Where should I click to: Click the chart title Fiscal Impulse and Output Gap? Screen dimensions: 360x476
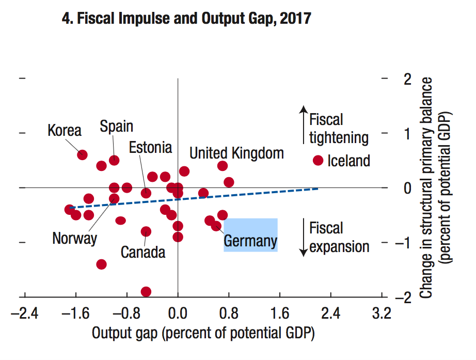[186, 19]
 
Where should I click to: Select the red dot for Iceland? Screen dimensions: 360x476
[318, 160]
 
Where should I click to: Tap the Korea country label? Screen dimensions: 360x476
[65, 130]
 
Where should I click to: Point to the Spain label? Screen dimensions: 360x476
[117, 126]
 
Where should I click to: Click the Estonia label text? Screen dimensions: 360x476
[150, 147]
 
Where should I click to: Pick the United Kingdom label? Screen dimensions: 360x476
[236, 153]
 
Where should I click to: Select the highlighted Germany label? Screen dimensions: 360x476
[250, 241]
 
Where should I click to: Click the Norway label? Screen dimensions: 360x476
[74, 238]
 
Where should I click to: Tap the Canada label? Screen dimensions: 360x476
[143, 252]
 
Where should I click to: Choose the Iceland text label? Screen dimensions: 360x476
[349, 161]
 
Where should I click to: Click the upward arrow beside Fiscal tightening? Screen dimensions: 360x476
[304, 125]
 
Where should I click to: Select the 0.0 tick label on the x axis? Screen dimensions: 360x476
[178, 313]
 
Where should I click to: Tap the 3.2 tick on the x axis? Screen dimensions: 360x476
[382, 313]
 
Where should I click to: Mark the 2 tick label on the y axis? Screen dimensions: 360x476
[408, 79]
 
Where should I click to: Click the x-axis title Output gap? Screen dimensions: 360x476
[203, 333]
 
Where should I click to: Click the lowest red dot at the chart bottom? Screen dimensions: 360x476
[146, 292]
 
